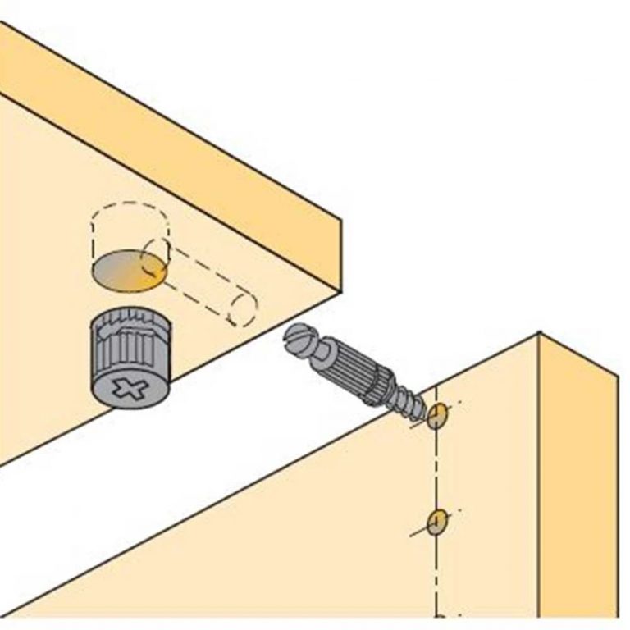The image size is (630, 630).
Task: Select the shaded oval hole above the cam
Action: click(x=127, y=272)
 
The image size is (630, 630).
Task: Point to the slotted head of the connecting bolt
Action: click(x=297, y=340)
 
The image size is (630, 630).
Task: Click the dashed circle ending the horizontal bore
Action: click(x=244, y=308)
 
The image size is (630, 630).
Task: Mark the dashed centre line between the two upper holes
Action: click(x=436, y=468)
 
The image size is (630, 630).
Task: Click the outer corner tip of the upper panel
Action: click(x=340, y=219)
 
